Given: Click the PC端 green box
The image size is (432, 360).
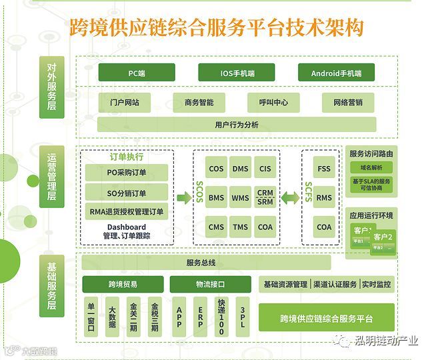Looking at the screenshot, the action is click(137, 73).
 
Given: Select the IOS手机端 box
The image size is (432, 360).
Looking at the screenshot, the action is click(237, 73).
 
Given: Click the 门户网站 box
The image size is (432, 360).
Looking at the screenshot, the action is click(129, 103).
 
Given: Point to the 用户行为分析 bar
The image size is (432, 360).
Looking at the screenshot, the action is click(237, 125).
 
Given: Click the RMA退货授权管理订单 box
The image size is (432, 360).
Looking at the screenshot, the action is click(127, 213).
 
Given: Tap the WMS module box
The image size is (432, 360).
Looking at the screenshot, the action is click(241, 198).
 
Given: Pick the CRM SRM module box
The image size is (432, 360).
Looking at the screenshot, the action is click(265, 198).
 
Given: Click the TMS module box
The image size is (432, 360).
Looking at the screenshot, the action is click(241, 227).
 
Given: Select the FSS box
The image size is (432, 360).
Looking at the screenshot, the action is click(324, 169).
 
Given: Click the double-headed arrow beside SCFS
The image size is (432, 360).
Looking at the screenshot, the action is click(290, 198).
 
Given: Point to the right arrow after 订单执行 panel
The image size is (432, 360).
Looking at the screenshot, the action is click(183, 198).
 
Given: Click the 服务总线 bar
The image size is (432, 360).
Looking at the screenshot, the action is click(205, 263).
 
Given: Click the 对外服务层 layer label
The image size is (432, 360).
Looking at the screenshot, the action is click(53, 87).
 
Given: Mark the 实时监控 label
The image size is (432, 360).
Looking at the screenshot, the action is click(377, 285).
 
